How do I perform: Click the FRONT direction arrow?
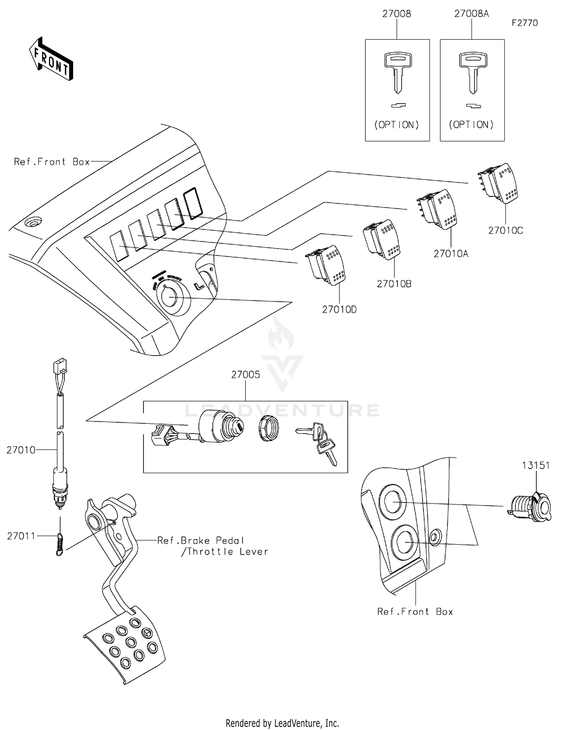coord(51,59)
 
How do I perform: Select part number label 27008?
coord(397,14)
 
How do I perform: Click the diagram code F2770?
coord(524,23)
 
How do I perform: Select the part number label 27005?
coord(246,374)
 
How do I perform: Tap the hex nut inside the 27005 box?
coord(269,428)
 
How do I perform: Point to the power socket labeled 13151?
coord(530,507)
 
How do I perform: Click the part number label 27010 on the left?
coord(21,450)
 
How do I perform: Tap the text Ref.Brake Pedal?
coord(201,541)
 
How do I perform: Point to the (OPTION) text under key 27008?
coord(397,125)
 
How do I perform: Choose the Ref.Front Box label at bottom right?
coord(415,612)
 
